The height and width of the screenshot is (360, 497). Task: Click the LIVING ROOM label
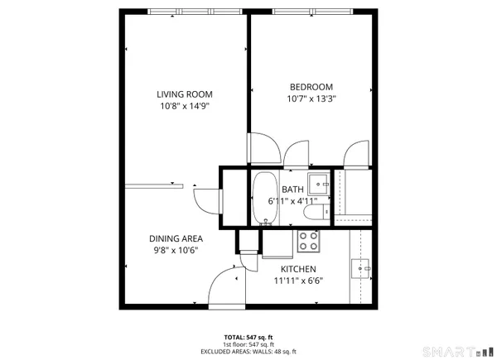[186, 94]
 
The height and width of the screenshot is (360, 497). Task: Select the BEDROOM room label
[311, 87]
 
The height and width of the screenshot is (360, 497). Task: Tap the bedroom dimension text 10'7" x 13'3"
[311, 98]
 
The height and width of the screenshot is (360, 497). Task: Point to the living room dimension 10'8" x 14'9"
[186, 106]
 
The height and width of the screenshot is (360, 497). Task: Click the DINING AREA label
[176, 238]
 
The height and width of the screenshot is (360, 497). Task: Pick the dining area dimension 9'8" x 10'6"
[176, 250]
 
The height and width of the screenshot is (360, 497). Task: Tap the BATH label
[292, 190]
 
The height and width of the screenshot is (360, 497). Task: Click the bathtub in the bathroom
[265, 199]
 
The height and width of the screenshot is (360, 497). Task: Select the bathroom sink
[317, 181]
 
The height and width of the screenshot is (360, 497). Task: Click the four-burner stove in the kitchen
[309, 241]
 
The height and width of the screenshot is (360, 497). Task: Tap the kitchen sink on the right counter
[363, 267]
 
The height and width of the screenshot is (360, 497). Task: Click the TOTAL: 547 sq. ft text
[248, 338]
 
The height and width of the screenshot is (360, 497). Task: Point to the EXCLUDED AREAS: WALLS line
[248, 352]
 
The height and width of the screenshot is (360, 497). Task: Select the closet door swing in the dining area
[205, 199]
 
